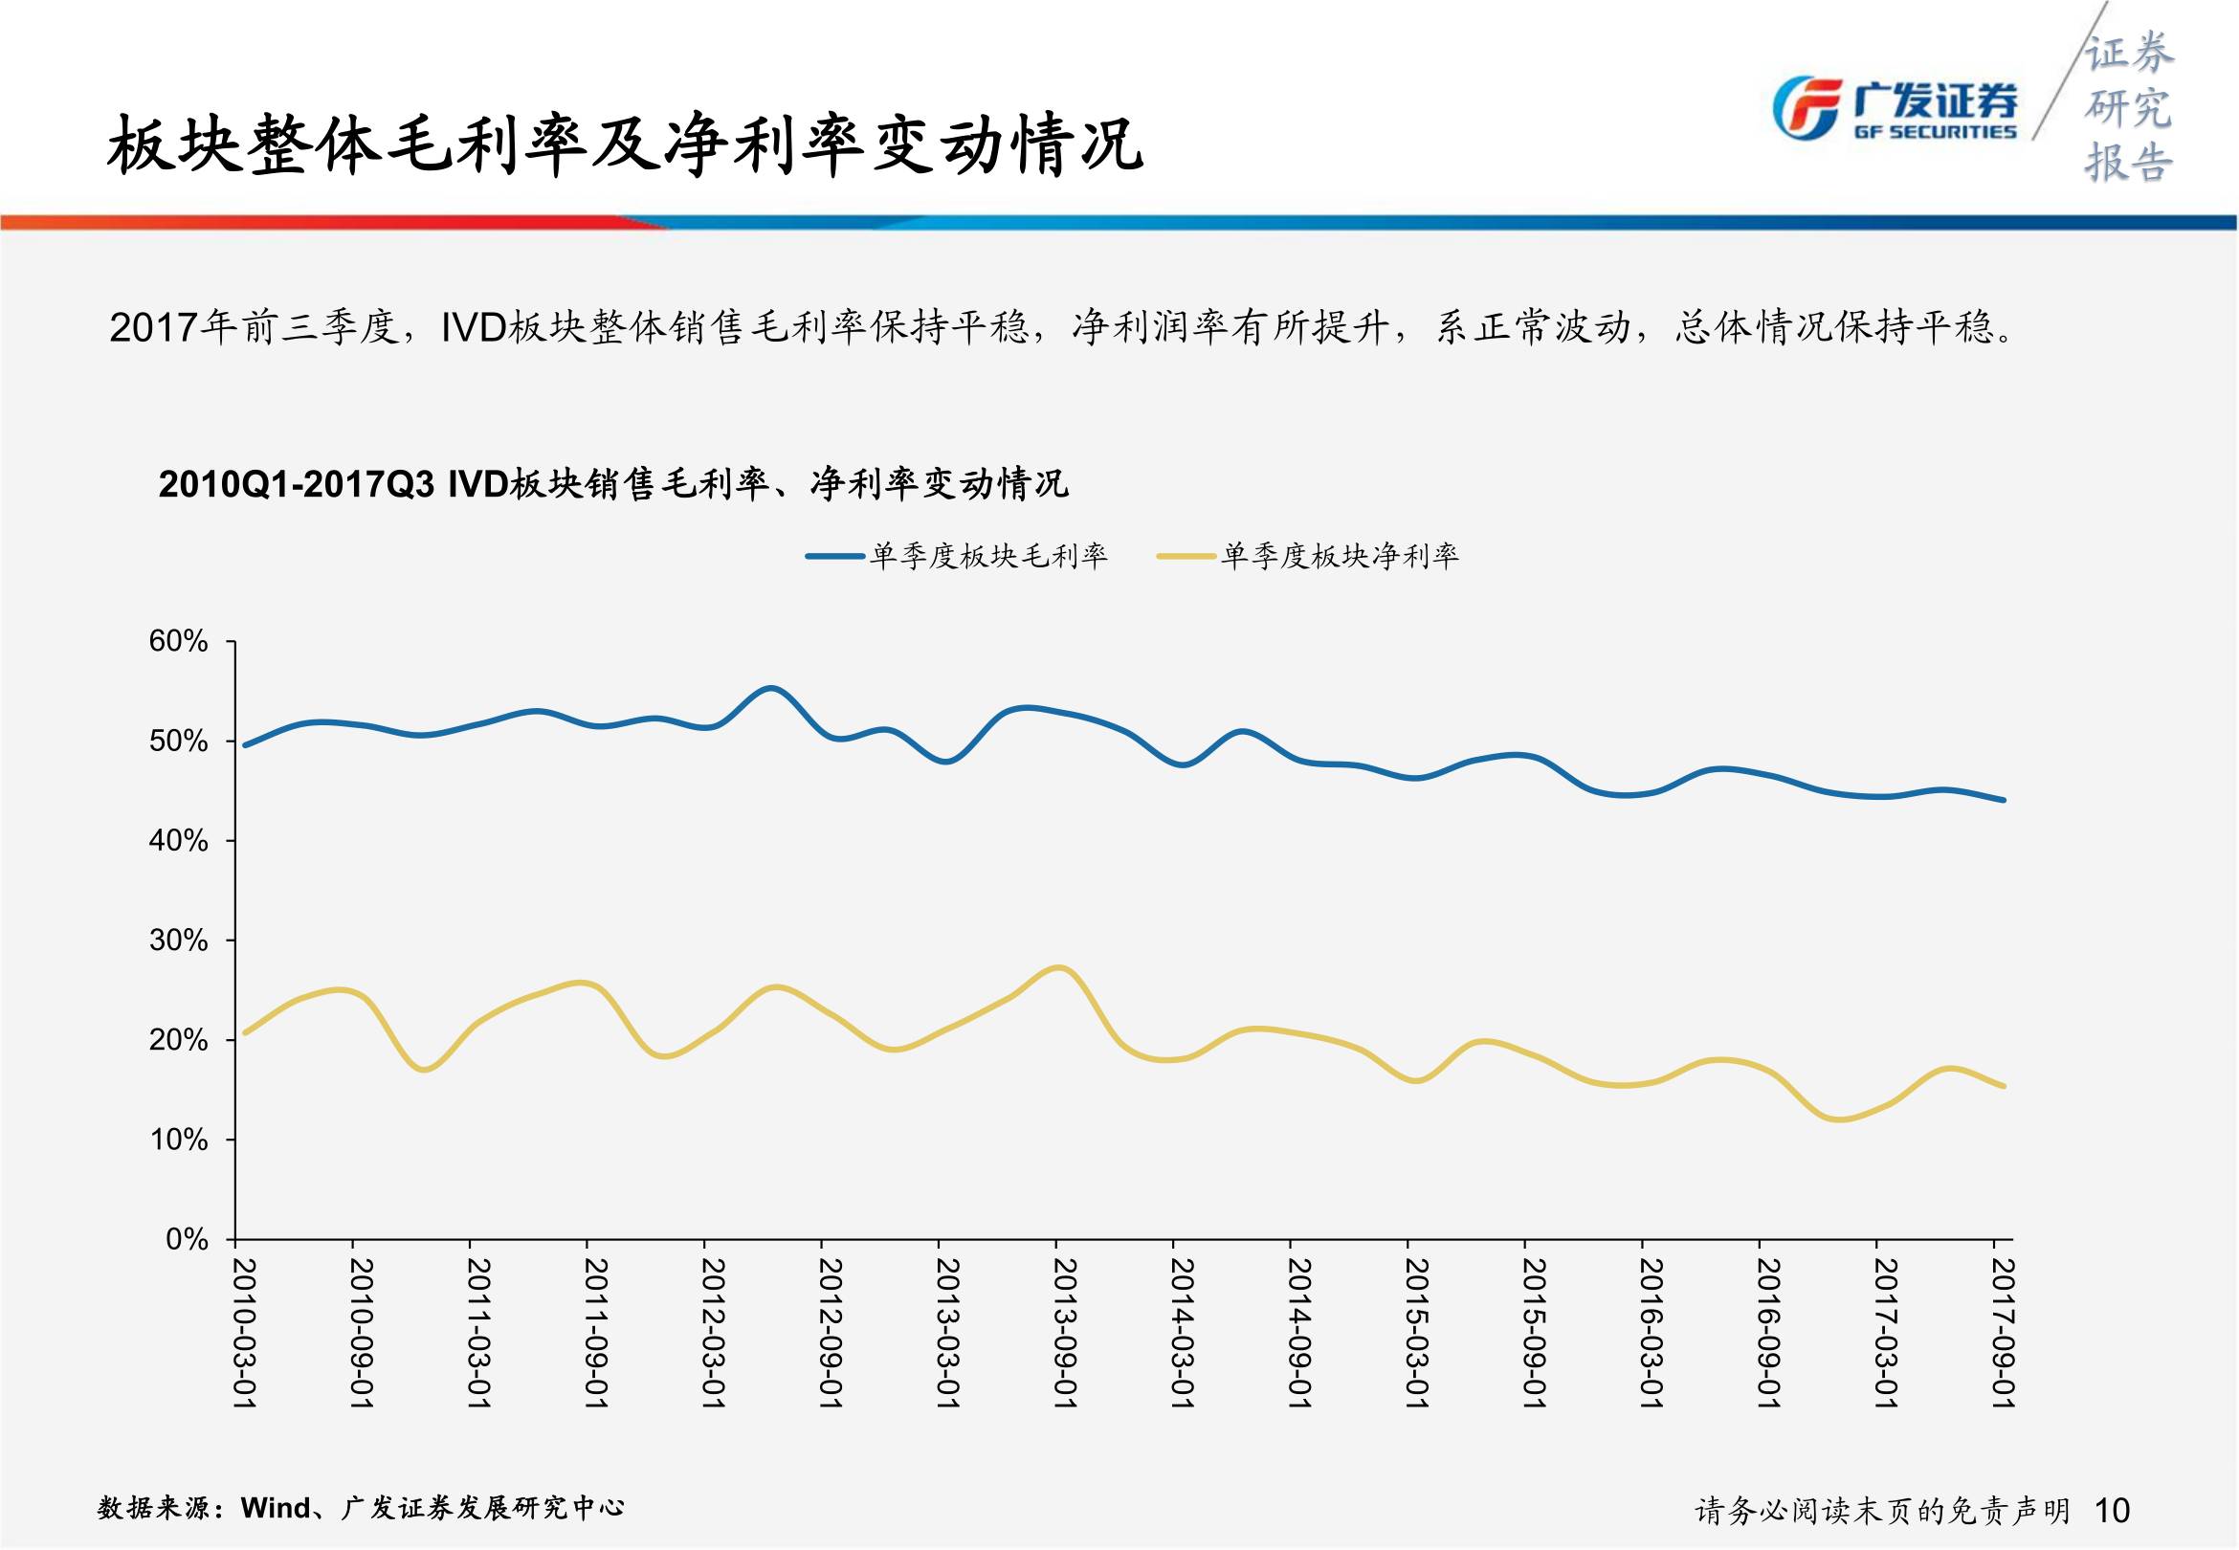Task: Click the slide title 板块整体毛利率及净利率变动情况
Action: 624,145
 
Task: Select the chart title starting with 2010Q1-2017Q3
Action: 612,482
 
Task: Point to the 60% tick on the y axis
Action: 179,641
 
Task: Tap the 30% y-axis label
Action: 179,941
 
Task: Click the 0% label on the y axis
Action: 187,1239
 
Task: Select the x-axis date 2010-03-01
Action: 245,1333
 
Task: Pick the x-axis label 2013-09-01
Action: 1065,1333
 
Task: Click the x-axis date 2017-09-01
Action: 2002,1333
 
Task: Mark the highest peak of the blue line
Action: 770,689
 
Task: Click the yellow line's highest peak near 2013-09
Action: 1059,967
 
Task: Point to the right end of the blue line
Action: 2003,800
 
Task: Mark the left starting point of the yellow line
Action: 243,1032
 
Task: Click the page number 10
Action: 2113,1509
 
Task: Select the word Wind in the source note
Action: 276,1507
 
